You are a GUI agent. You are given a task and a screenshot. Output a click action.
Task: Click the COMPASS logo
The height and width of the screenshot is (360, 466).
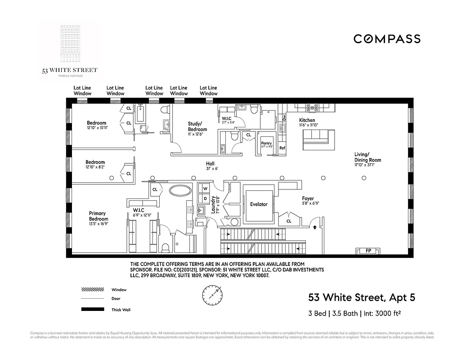(x=387, y=39)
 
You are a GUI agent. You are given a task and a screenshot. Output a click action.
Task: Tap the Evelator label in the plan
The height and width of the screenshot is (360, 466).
(x=259, y=204)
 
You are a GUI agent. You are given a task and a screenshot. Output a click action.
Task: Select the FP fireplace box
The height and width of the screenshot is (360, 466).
(x=368, y=251)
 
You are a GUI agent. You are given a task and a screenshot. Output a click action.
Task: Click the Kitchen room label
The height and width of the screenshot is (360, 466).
(x=307, y=120)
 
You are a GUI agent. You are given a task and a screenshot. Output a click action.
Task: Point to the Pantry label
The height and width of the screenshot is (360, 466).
(x=267, y=144)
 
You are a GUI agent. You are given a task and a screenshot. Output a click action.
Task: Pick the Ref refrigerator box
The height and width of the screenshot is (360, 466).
(x=282, y=148)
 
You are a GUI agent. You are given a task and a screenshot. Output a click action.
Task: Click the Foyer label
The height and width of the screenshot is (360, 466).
(x=308, y=198)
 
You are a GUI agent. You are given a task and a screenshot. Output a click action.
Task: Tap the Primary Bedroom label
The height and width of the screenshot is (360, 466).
(x=98, y=216)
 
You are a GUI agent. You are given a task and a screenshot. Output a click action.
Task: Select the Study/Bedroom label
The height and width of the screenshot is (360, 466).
(x=197, y=126)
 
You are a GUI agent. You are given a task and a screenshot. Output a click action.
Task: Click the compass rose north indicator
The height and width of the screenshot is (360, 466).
(x=212, y=297)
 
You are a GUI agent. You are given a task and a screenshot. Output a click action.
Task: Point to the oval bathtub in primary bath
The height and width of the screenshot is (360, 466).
(x=181, y=190)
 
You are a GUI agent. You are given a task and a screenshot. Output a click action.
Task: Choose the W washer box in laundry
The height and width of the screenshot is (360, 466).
(x=205, y=189)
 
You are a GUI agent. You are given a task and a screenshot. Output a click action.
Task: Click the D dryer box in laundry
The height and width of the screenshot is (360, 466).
(x=205, y=198)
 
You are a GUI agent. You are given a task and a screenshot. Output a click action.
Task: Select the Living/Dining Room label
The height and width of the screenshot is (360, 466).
(x=367, y=157)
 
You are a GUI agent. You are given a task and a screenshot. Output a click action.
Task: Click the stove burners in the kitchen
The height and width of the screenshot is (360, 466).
(x=312, y=108)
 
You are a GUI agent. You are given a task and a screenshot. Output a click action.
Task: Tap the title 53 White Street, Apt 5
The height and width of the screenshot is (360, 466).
(x=361, y=297)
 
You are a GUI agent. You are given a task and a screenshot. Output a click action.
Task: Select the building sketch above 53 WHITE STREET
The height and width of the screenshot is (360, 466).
(x=69, y=45)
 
